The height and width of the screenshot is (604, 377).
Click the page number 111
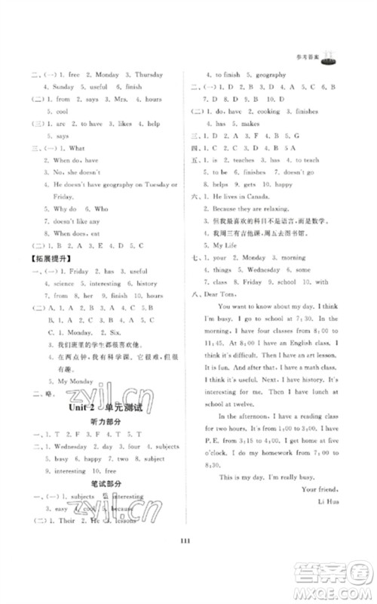(x=188, y=569)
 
